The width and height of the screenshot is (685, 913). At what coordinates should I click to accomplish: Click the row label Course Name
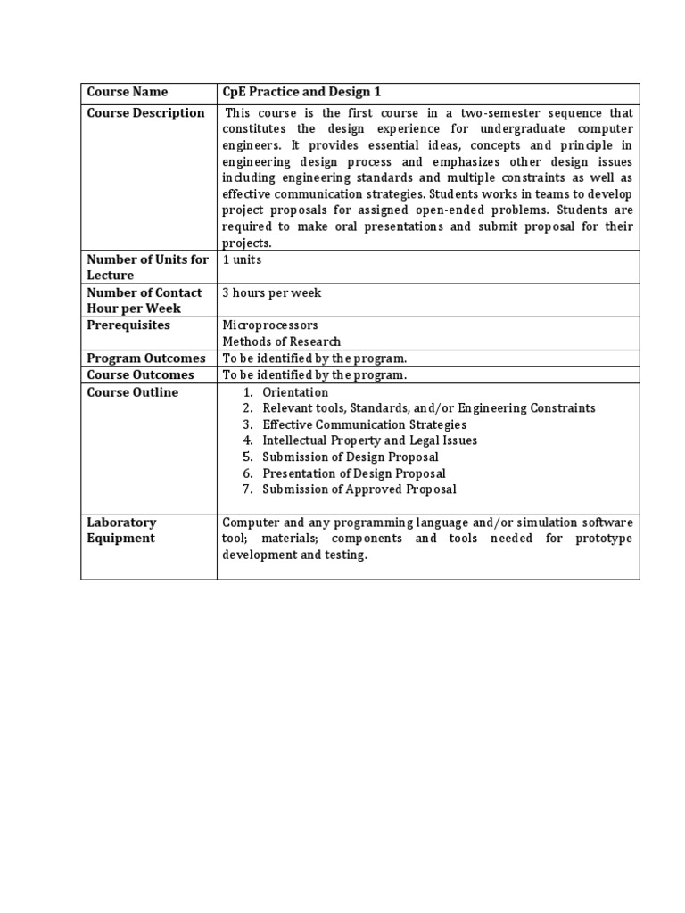[x=127, y=92]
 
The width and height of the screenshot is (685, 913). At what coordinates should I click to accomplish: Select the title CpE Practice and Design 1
[x=294, y=92]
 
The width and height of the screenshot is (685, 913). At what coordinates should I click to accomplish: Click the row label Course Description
[x=145, y=113]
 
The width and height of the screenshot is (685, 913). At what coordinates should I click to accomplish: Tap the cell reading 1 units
[x=242, y=259]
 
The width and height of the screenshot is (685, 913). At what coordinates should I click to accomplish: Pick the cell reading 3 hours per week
[x=271, y=292]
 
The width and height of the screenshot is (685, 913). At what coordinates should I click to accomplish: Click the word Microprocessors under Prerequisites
[x=269, y=325]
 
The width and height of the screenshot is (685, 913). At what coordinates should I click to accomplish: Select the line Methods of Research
[x=281, y=341]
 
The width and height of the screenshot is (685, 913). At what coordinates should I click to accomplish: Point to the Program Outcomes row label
[x=145, y=358]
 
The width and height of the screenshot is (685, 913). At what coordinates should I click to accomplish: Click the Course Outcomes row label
[x=140, y=375]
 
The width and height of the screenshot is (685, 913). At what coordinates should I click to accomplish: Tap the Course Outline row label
[x=132, y=392]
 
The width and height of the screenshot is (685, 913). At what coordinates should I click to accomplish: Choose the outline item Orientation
[x=295, y=392]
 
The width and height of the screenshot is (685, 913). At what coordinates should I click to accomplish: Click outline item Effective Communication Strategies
[x=364, y=424]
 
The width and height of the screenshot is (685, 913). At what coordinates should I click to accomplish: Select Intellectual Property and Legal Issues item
[x=369, y=440]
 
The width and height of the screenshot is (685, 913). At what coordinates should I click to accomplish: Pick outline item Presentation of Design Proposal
[x=354, y=473]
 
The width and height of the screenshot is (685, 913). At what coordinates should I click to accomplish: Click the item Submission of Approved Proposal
[x=359, y=489]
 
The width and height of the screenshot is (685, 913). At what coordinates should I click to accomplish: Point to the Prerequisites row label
[x=128, y=325]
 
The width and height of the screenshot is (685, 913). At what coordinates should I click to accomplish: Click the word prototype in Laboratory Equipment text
[x=601, y=539]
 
